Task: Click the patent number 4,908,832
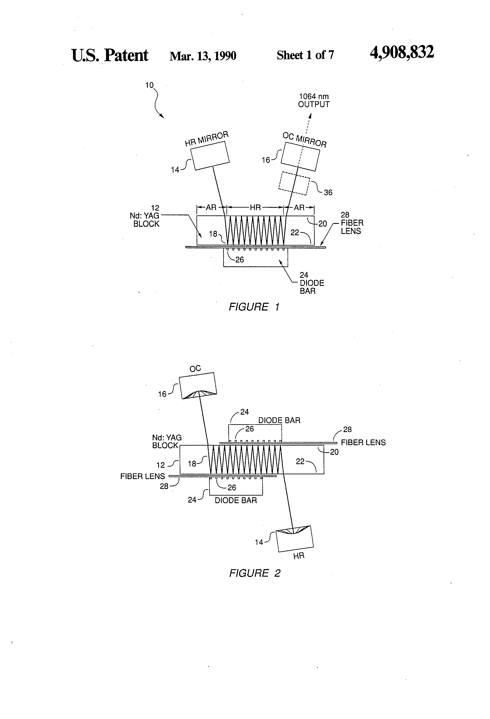click(x=402, y=53)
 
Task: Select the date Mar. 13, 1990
click(x=203, y=56)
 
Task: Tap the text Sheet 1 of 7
click(x=305, y=55)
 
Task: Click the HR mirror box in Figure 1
click(x=210, y=156)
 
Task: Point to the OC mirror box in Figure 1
click(x=300, y=156)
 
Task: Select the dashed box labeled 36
click(x=294, y=183)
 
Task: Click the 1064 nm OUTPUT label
click(x=313, y=101)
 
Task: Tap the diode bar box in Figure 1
click(x=256, y=258)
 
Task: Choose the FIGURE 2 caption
click(x=255, y=573)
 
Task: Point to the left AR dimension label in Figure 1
click(x=211, y=208)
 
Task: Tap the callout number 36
click(x=328, y=192)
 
